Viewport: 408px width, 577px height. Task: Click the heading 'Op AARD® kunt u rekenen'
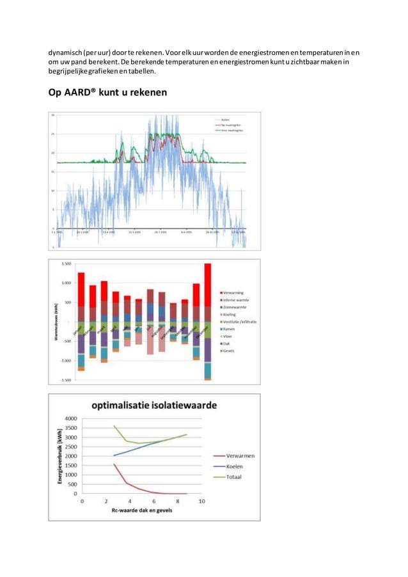[107, 93]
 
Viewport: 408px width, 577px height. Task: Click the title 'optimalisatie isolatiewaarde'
[153, 405]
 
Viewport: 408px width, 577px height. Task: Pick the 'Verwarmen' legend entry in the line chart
[240, 456]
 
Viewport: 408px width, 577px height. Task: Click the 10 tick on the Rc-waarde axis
[201, 501]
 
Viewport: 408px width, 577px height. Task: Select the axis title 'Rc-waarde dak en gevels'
[141, 510]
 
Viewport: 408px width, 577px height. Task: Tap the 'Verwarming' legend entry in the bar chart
[237, 293]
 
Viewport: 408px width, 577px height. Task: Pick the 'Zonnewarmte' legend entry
[238, 307]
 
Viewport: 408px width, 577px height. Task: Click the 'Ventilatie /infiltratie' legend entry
[240, 322]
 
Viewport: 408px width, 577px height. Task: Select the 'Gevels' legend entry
[231, 351]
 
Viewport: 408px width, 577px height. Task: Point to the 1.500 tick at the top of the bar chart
[66, 264]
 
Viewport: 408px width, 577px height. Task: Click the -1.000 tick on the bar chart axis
[65, 360]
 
